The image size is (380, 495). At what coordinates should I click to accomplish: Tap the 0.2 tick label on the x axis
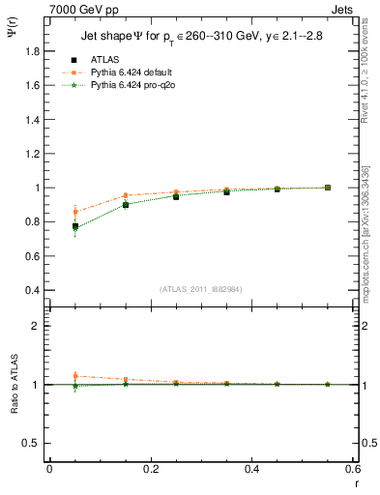(x=150, y=469)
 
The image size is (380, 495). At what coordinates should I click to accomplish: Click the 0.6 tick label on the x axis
(x=353, y=469)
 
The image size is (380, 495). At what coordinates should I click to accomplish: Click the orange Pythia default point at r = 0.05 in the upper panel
(x=74, y=212)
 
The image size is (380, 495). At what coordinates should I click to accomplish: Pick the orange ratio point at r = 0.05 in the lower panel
(x=74, y=376)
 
